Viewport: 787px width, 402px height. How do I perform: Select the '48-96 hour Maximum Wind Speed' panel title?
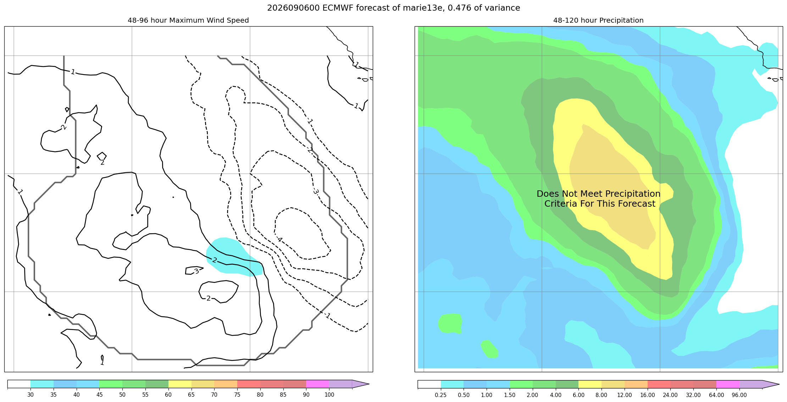(x=188, y=21)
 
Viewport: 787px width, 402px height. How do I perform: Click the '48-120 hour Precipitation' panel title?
(x=598, y=21)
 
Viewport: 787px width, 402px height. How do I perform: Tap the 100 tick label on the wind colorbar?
(x=329, y=395)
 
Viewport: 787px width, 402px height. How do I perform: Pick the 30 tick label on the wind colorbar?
(x=31, y=395)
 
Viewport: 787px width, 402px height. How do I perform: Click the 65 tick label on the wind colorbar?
(x=191, y=395)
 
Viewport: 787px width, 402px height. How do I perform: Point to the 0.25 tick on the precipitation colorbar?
(x=440, y=395)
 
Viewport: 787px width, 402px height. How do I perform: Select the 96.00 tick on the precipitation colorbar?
(x=739, y=395)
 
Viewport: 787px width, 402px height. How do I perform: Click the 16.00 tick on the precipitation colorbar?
(x=647, y=395)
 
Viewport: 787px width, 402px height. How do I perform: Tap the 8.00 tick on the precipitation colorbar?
(x=602, y=395)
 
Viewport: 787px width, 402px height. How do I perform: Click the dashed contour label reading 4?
(x=279, y=240)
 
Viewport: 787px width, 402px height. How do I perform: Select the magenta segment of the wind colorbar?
(x=317, y=384)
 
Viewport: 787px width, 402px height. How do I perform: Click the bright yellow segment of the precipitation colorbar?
(x=590, y=384)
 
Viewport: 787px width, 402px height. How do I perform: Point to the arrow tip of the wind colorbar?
(x=369, y=384)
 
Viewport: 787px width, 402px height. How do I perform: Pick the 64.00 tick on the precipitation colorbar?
(x=716, y=395)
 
